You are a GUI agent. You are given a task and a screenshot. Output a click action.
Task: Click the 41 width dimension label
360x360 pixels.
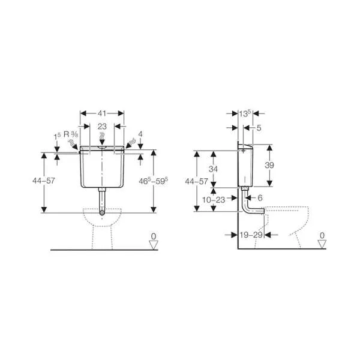(102, 113)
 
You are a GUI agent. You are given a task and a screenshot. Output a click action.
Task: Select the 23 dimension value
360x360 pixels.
(102, 126)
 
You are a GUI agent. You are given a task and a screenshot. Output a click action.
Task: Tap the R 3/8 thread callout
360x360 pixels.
(71, 134)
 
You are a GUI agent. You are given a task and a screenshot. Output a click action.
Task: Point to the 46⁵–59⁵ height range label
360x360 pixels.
(154, 181)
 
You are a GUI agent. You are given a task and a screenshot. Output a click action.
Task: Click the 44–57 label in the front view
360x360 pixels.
(44, 181)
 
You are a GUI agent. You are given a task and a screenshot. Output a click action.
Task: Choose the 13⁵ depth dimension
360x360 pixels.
(245, 113)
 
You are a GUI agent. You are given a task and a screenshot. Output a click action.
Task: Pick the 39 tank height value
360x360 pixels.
(269, 165)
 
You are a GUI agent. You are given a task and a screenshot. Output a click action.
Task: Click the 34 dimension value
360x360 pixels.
(213, 169)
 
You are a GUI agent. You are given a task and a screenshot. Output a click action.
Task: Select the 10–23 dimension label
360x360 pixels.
(214, 200)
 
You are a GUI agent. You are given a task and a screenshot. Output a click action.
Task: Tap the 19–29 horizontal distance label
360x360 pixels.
(251, 235)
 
